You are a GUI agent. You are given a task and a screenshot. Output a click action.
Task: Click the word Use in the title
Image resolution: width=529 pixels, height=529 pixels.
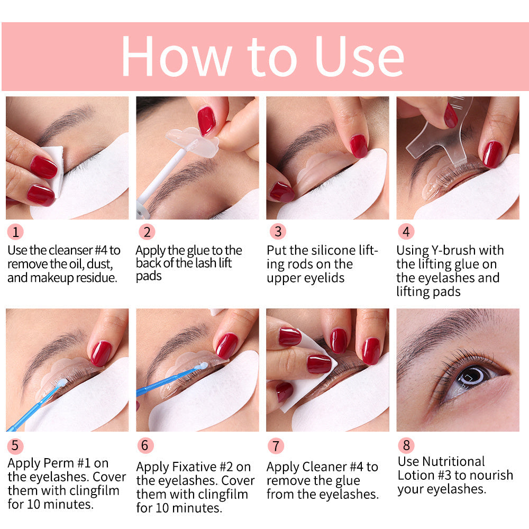(360, 57)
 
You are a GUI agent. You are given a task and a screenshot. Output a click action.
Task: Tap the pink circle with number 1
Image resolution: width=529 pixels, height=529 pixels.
(15, 232)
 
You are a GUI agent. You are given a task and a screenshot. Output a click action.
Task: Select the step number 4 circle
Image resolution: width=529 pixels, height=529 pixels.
(406, 232)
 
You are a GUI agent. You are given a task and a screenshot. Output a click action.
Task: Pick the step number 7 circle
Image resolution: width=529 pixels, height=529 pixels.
(276, 446)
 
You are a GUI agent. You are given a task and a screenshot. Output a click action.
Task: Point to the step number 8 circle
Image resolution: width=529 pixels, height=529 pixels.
(406, 445)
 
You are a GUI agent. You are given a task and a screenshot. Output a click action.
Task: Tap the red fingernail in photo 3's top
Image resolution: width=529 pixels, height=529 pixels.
(358, 145)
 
